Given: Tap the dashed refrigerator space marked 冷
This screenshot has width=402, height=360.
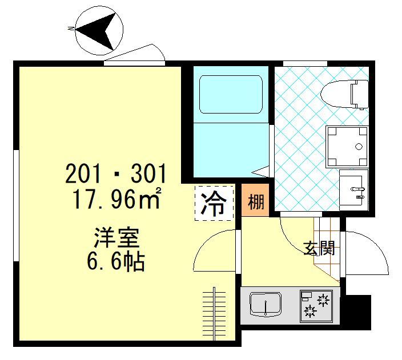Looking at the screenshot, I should pos(214,203).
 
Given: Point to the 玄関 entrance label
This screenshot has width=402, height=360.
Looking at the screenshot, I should pos(318,249).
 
